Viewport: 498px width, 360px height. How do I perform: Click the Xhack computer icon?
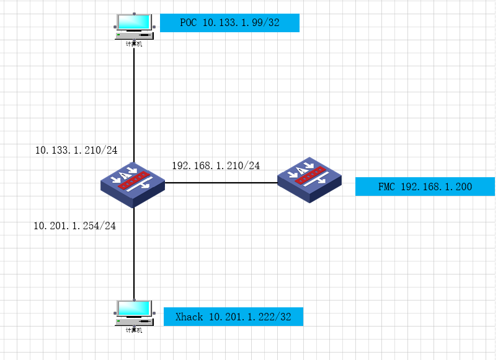point(133,314)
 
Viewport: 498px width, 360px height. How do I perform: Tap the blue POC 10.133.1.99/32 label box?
point(229,23)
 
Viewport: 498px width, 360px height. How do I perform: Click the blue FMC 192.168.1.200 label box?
point(425,187)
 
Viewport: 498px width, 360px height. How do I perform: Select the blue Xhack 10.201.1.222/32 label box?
point(233,317)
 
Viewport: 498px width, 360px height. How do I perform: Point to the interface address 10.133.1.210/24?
point(76,150)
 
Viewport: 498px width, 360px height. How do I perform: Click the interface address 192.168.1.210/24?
point(216,165)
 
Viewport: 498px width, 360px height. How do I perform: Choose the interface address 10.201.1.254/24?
point(75,226)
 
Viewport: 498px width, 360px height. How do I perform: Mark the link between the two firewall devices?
point(220,183)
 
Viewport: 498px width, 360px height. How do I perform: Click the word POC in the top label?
point(189,23)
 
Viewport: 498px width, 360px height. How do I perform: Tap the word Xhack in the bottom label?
point(189,317)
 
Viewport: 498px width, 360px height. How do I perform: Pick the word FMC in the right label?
point(387,187)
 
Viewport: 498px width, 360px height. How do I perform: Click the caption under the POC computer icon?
point(133,44)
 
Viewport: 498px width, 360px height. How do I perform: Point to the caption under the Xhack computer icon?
point(133,330)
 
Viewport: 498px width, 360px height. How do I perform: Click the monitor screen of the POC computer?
point(133,21)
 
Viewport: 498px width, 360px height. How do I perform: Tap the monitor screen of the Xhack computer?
point(133,308)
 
